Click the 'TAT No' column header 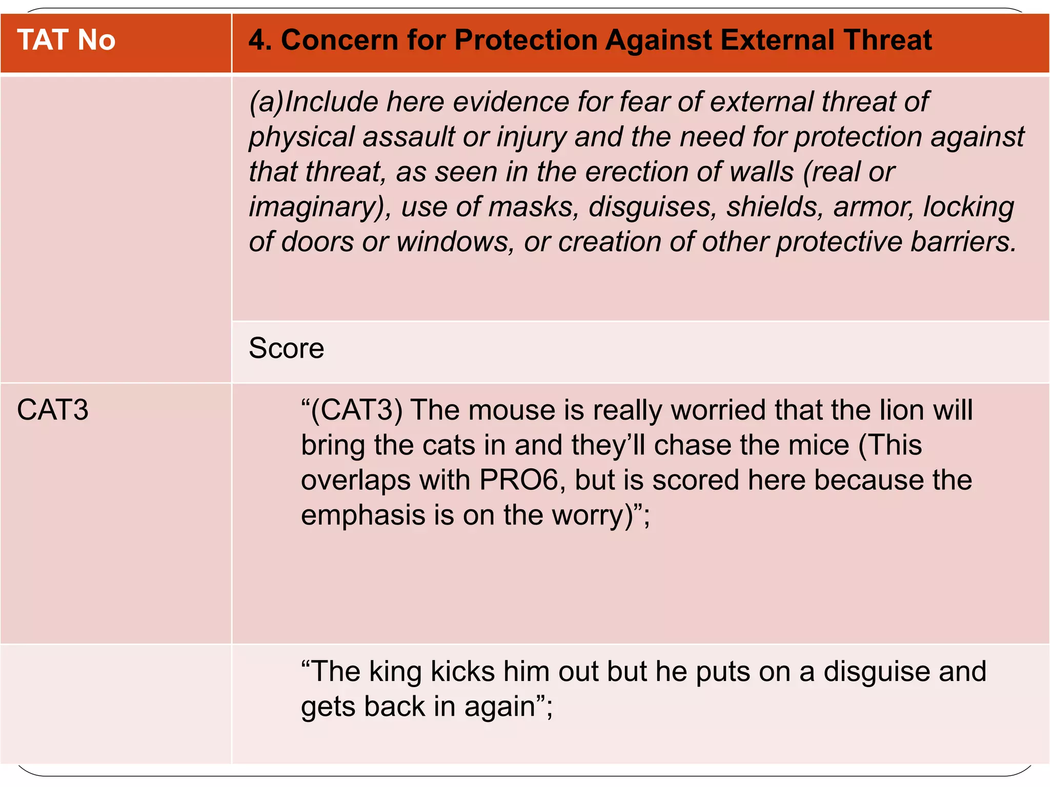coord(66,40)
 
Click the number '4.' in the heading coord(259,40)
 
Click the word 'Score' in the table coord(286,349)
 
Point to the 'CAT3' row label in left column coord(52,410)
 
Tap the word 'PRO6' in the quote coord(518,480)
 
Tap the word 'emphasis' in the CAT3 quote coord(363,515)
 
